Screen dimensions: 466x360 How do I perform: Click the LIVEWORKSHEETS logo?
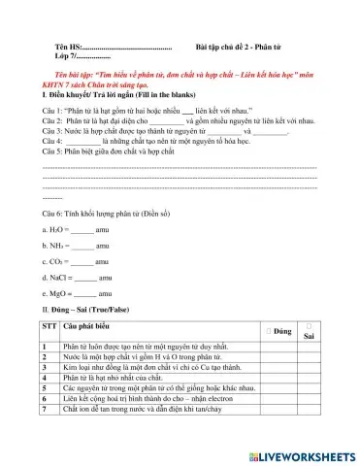tap(301, 454)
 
